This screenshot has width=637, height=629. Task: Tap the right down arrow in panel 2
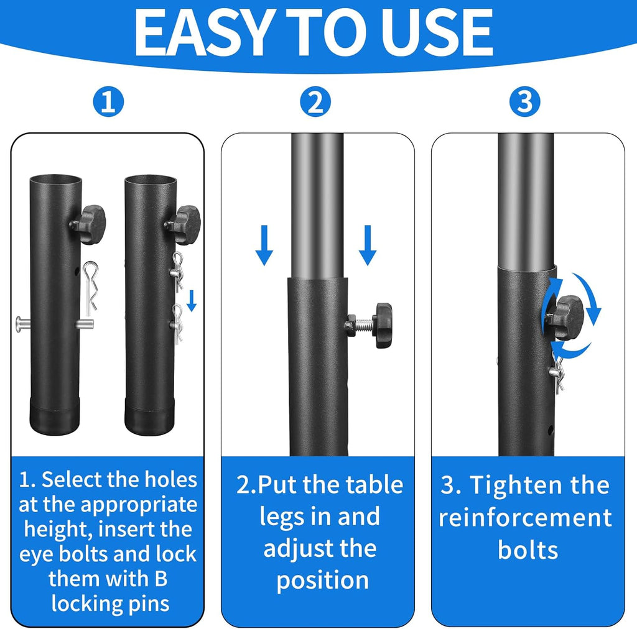tap(368, 246)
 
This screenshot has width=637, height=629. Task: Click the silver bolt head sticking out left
tap(21, 323)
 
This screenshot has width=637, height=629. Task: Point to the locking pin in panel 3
tap(559, 373)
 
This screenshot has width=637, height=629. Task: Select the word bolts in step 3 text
tap(528, 549)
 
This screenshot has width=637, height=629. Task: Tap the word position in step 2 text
tap(322, 579)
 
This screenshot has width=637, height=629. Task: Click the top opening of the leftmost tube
tap(55, 180)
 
